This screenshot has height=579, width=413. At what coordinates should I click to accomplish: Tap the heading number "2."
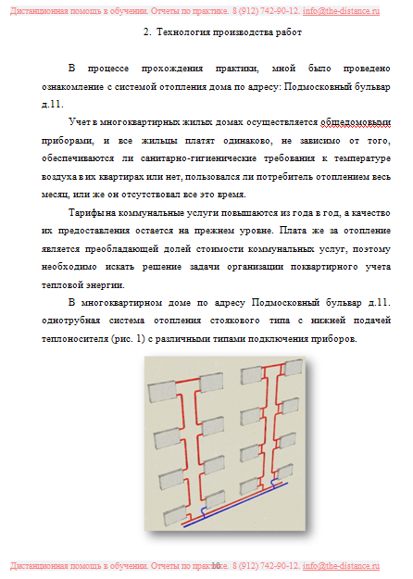[148, 32]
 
